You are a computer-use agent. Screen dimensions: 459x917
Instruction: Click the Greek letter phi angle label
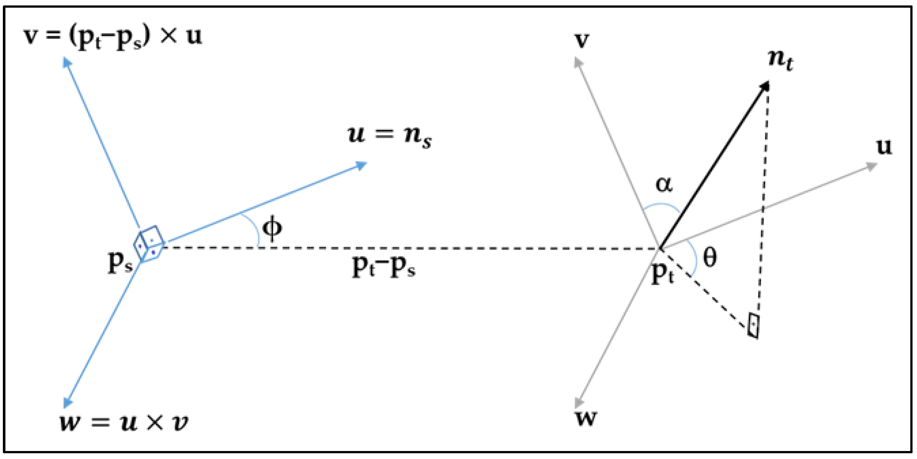coord(272,229)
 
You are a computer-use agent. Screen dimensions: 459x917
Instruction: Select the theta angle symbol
coord(710,257)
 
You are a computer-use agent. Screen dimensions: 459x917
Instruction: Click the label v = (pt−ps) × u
coord(112,37)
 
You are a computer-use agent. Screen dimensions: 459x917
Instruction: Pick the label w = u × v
coord(124,423)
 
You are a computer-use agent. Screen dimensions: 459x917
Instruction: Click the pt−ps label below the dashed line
coord(383,267)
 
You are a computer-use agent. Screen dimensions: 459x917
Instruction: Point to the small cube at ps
coord(149,243)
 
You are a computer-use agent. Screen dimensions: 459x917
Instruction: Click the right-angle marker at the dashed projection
coord(753,325)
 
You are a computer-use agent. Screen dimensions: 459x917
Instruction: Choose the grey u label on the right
coord(884,146)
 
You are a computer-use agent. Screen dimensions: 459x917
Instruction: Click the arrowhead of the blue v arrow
coord(66,61)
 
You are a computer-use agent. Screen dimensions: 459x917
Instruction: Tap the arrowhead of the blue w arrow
coord(67,403)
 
